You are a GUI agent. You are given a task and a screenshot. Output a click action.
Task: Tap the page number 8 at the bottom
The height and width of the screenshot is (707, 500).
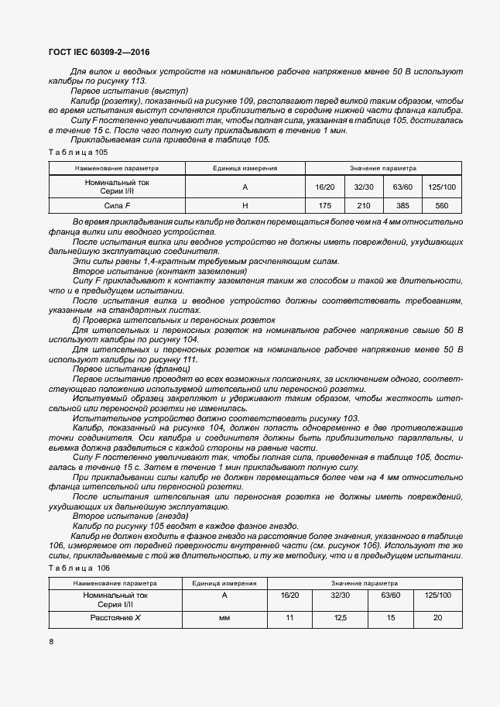(x=51, y=641)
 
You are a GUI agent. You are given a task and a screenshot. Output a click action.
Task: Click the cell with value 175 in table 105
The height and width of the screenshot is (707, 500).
(x=324, y=205)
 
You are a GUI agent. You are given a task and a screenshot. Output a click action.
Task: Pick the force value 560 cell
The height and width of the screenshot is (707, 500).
(x=442, y=205)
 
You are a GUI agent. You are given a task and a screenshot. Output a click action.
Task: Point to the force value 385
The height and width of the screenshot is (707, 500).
(x=402, y=205)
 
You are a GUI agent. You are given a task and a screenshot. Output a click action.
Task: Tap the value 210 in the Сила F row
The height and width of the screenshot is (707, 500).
(x=363, y=205)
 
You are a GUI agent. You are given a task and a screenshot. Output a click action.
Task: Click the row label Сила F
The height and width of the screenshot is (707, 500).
(x=117, y=205)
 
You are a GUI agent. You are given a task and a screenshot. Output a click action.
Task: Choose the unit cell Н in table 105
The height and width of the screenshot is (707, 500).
(x=245, y=205)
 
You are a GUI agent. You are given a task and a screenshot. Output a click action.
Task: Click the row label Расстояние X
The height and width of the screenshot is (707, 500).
(x=115, y=618)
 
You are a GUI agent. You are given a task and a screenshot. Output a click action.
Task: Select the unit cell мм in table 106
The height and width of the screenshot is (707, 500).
(x=224, y=618)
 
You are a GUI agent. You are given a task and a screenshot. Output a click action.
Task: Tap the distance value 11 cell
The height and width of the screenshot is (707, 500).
(x=289, y=618)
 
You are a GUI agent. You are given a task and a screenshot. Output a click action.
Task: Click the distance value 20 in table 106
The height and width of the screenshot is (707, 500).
(x=438, y=618)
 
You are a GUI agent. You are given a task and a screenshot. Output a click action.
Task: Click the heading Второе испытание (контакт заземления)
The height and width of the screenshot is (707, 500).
(x=159, y=272)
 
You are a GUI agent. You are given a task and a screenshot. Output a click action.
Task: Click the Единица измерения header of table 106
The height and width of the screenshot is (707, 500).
(x=224, y=582)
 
